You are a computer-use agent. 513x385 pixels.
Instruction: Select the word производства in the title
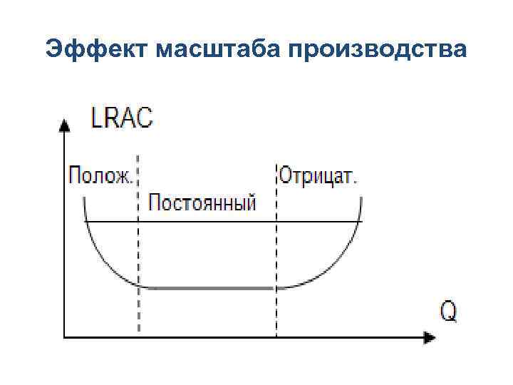click(378, 49)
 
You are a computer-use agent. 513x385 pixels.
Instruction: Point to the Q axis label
click(448, 311)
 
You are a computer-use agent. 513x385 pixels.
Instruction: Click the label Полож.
click(99, 175)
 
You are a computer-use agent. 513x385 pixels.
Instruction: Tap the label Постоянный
click(202, 203)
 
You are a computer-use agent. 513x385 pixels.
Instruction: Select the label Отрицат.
click(318, 175)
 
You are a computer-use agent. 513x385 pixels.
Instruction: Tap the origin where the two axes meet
click(65, 334)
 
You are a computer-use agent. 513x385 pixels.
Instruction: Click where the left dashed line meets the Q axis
click(138, 334)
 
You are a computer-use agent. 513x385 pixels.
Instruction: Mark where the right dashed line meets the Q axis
click(276, 334)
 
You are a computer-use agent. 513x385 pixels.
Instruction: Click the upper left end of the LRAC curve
click(84, 200)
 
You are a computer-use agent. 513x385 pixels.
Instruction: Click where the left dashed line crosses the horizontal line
click(138, 222)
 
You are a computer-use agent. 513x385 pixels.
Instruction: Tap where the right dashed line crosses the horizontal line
click(276, 222)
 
